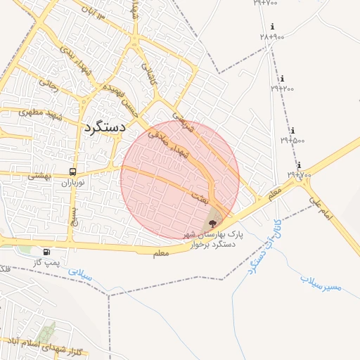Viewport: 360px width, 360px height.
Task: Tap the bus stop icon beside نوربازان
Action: [73, 172]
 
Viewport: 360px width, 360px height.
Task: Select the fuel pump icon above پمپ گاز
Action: [46, 252]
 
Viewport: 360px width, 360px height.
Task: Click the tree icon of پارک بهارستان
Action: [213, 223]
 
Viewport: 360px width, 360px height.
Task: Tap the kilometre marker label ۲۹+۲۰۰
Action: [283, 89]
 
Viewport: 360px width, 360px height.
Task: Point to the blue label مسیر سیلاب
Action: [321, 283]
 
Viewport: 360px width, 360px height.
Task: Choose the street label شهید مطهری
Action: [41, 112]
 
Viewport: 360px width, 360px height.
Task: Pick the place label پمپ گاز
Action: [48, 262]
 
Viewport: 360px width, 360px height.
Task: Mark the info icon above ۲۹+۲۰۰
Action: [282, 79]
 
